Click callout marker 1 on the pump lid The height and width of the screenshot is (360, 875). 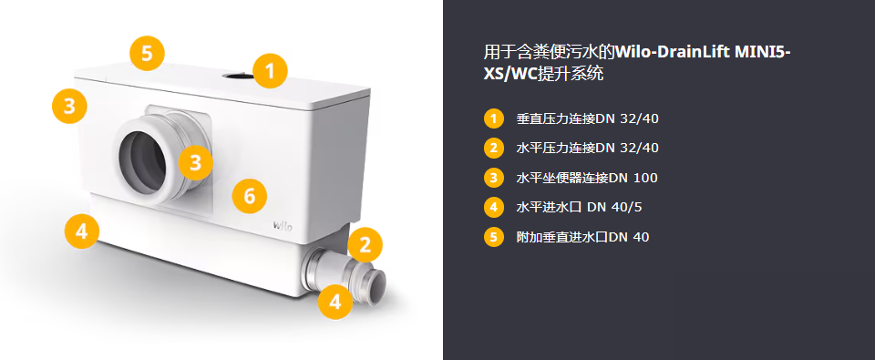click(x=270, y=71)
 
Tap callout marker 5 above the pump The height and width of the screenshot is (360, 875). click(x=147, y=54)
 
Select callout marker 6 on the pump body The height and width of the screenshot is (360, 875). click(x=250, y=196)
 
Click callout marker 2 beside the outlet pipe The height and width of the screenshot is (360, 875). click(x=365, y=245)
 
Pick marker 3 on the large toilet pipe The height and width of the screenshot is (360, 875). click(x=195, y=162)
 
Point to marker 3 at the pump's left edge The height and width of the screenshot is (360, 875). click(x=69, y=106)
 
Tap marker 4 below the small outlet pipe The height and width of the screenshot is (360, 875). click(x=335, y=302)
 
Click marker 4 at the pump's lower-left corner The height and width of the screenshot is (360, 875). click(x=81, y=231)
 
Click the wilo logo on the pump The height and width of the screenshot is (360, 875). click(x=283, y=225)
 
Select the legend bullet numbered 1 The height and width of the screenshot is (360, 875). click(x=493, y=118)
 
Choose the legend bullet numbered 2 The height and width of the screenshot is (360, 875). click(x=493, y=148)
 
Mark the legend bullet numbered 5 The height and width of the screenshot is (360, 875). click(x=493, y=237)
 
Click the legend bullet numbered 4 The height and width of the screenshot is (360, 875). click(x=493, y=207)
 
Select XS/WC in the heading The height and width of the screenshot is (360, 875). click(x=510, y=75)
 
